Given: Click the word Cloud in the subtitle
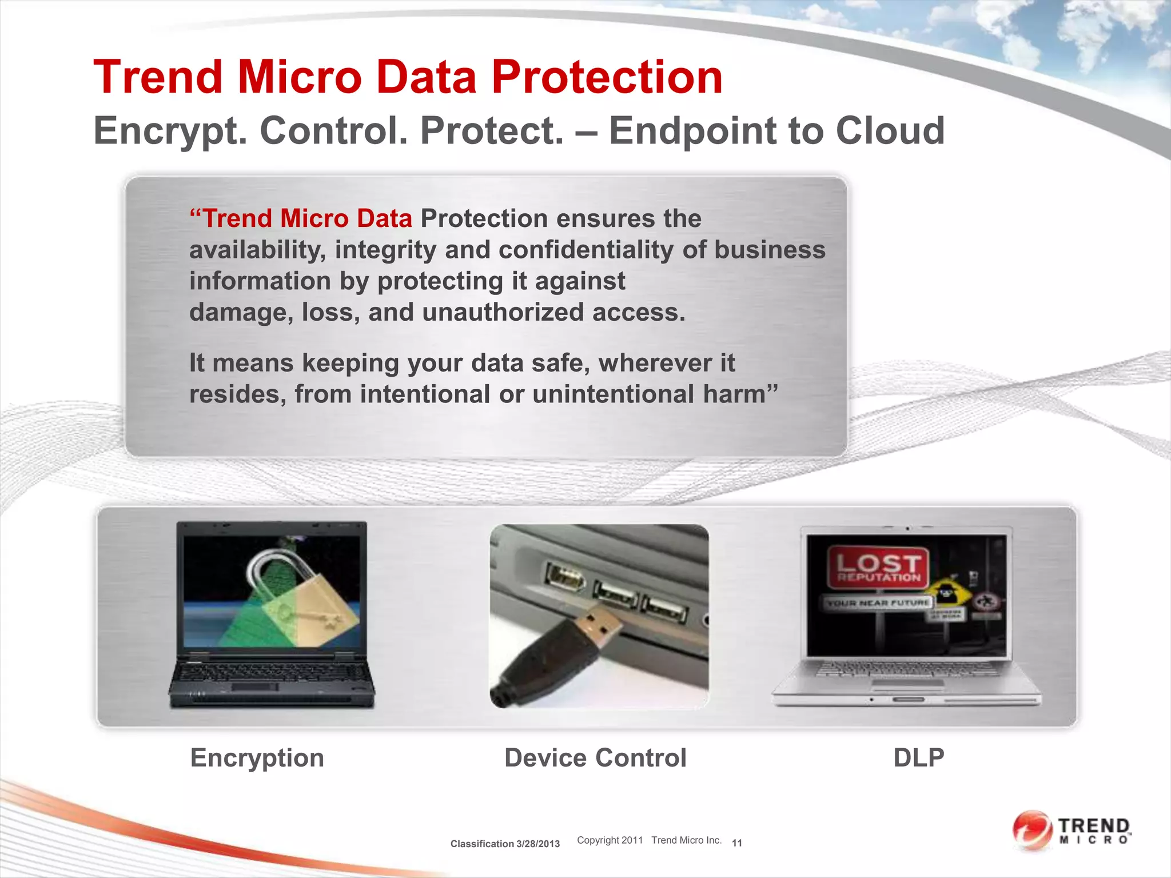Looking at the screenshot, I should (x=890, y=130).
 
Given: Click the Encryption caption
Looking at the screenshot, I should (x=257, y=758).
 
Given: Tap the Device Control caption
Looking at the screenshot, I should (x=595, y=758).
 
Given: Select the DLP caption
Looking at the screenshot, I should (x=918, y=758).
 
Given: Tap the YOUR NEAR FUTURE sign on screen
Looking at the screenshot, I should (x=878, y=602).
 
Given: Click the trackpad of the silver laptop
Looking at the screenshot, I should (x=907, y=683).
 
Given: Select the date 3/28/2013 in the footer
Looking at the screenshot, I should (x=537, y=844).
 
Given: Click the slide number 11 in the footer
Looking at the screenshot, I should (x=736, y=843).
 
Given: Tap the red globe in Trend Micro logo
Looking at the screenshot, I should (x=1032, y=830).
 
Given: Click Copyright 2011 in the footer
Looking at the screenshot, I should (x=610, y=840).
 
